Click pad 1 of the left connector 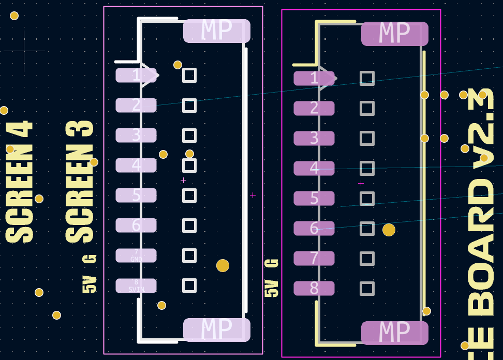pos(136,76)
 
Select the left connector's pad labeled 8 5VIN pos(136,286)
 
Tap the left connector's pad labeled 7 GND pos(136,256)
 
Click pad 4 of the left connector pos(136,166)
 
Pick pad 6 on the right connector pos(314,229)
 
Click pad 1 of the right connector pos(314,79)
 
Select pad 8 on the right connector pos(314,289)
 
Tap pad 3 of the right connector pos(314,139)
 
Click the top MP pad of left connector pos(217,31)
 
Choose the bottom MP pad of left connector pos(217,329)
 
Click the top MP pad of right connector pos(395,34)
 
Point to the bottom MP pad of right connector pos(395,333)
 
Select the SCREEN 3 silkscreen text pos(80,182)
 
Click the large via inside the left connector pos(223,265)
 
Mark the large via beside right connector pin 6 pos(389,230)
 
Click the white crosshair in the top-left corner pos(24,51)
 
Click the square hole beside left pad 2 pos(189,106)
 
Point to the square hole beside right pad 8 pos(367,289)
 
